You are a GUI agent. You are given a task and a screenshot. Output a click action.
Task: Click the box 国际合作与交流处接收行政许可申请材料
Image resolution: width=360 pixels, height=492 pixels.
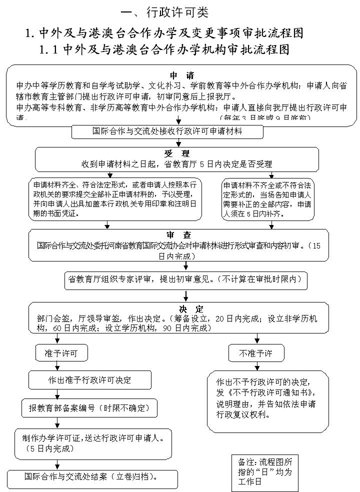[167, 131]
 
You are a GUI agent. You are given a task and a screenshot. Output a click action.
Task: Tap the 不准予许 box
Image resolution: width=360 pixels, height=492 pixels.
[255, 353]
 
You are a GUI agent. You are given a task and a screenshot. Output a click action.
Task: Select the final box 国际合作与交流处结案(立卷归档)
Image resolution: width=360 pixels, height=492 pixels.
[92, 477]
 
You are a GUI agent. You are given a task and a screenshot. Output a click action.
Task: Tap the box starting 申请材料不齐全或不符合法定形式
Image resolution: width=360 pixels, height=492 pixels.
[268, 198]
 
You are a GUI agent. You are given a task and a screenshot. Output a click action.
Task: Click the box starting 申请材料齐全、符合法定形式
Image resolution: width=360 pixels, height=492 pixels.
[115, 198]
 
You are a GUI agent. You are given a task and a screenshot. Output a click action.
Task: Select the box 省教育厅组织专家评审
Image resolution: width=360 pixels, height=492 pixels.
[186, 279]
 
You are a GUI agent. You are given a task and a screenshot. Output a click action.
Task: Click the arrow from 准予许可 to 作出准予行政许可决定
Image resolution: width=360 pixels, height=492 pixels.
[58, 366]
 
